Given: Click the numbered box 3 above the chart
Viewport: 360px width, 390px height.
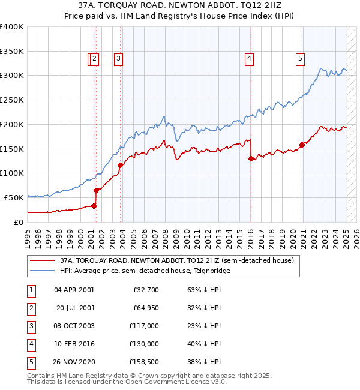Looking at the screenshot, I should (119, 58).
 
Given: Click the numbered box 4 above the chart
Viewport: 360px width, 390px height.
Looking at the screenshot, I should (248, 58).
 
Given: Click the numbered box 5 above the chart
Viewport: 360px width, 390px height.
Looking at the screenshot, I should (299, 58).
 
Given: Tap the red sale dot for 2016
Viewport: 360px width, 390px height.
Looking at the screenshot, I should (251, 159).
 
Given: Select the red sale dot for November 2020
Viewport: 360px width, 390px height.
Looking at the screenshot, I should (302, 145).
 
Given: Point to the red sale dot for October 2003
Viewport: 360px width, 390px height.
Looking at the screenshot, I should (120, 165).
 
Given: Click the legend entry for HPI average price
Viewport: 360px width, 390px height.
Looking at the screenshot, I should (145, 271).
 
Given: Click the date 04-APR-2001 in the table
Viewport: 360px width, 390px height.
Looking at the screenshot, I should (74, 290).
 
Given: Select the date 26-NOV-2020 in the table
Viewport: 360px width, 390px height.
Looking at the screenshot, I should (74, 362).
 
